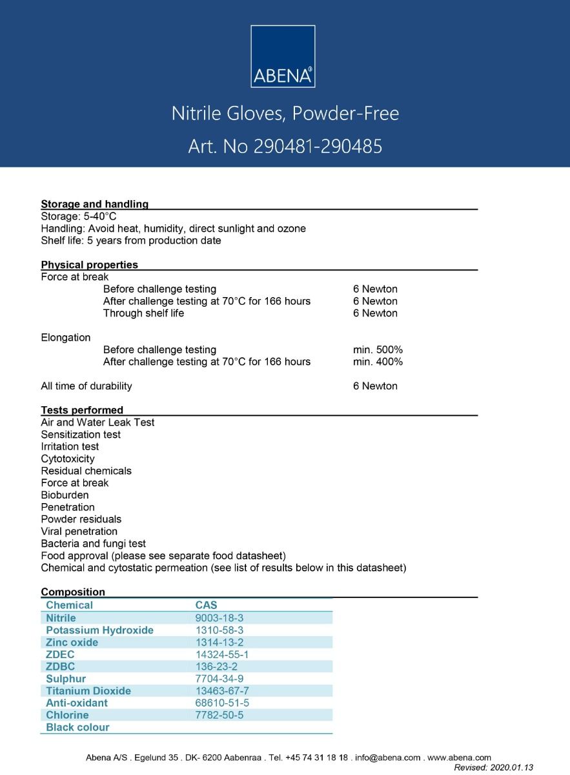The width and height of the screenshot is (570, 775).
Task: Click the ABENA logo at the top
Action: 283,56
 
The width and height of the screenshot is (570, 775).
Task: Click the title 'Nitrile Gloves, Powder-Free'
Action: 285,114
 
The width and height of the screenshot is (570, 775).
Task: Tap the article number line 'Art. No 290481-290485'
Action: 285,147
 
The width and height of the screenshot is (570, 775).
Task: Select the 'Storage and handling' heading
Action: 94,204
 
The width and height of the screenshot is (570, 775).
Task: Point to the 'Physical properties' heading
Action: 89,265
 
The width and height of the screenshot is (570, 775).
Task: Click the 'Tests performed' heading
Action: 82,410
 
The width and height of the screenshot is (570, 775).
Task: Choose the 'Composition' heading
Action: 73,592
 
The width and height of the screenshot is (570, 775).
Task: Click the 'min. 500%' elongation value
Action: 378,350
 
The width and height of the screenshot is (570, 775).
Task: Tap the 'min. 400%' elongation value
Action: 378,362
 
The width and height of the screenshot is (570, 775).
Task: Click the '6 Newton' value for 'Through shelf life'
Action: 375,313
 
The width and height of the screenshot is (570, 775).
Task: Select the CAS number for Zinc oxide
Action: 219,643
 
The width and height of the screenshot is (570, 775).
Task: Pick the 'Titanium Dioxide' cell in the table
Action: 88,691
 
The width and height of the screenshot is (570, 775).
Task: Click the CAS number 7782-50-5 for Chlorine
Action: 219,715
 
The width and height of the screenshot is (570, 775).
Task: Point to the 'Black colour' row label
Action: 77,727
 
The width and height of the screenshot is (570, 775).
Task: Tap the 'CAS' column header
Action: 207,605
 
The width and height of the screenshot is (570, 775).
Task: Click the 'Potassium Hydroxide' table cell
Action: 99,630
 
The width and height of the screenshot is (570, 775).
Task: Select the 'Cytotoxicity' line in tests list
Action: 68,459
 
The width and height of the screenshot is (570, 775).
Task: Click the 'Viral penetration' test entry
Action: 79,532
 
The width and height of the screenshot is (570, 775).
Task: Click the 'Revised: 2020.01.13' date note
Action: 493,767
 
